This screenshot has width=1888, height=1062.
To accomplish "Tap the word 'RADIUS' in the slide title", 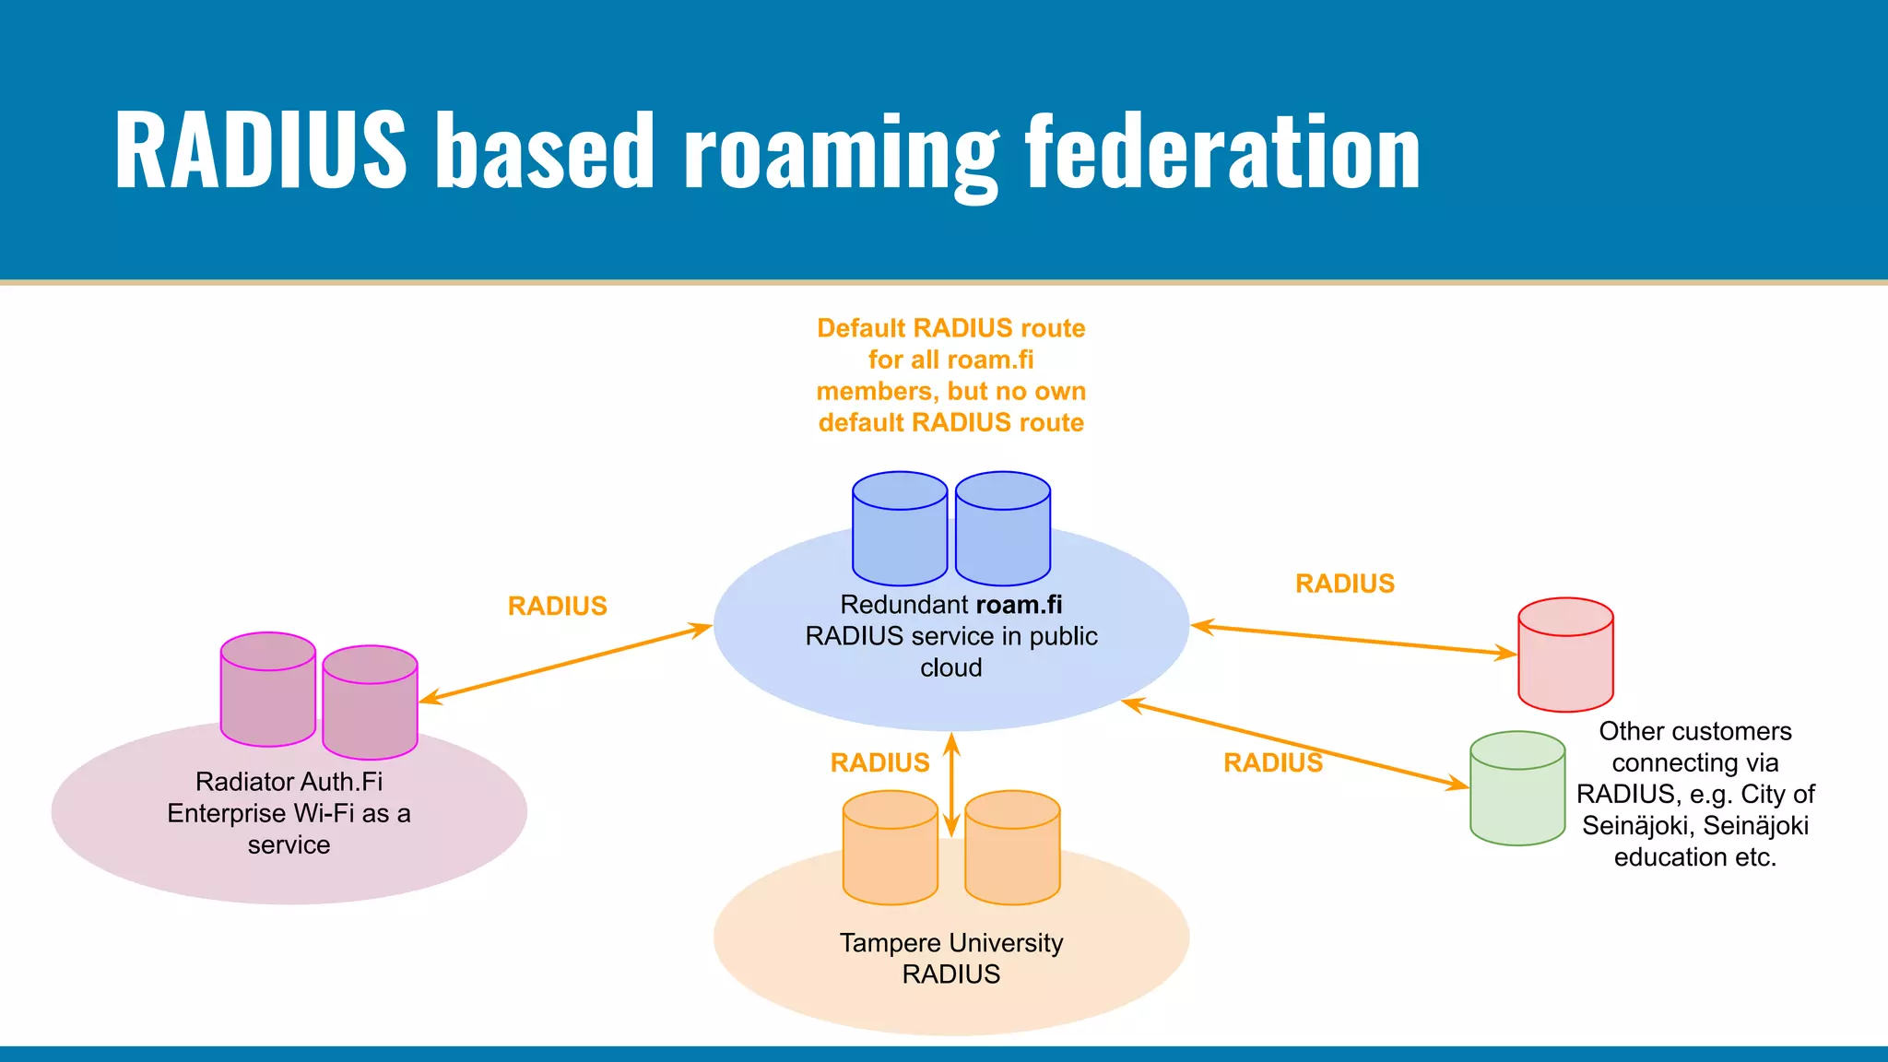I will click(x=260, y=150).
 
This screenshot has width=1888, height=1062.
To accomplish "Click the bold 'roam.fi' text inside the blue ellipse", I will click(x=1018, y=605).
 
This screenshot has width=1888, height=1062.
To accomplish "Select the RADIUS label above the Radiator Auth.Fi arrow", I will click(x=557, y=606).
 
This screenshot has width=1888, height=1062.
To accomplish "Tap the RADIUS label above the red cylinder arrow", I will click(x=1344, y=584).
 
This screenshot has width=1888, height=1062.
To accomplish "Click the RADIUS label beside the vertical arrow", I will click(x=879, y=762).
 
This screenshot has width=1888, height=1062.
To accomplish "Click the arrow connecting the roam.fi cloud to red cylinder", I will click(x=1353, y=641).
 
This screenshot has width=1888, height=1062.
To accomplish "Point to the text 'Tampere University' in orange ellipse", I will click(x=950, y=943).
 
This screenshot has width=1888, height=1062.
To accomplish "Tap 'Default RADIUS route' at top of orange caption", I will click(x=950, y=328).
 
